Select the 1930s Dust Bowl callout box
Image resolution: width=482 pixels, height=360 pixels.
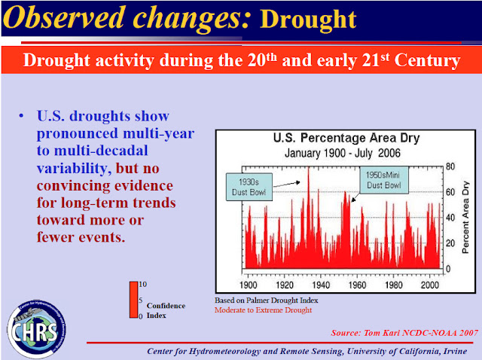coord(249,187)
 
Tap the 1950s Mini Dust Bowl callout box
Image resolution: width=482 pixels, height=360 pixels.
coord(382,182)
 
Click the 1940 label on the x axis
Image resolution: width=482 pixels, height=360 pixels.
coord(320,285)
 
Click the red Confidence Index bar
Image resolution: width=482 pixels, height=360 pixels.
coord(133,299)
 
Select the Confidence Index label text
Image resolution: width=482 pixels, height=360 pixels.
coord(166,310)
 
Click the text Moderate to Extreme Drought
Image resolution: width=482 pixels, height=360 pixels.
coord(263,310)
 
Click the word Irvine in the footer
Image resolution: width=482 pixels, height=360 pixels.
coord(456,352)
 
